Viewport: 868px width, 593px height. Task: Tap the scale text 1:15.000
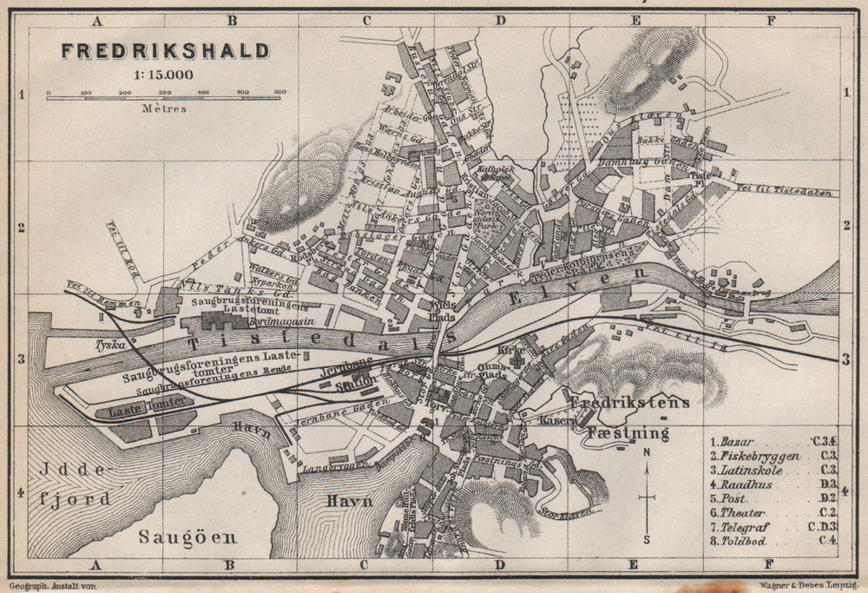(x=163, y=74)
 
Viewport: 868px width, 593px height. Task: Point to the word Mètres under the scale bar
(x=163, y=109)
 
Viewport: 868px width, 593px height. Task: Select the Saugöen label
(x=188, y=537)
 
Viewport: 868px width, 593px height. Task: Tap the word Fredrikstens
(x=630, y=403)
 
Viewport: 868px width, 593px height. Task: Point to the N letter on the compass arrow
(x=647, y=453)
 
